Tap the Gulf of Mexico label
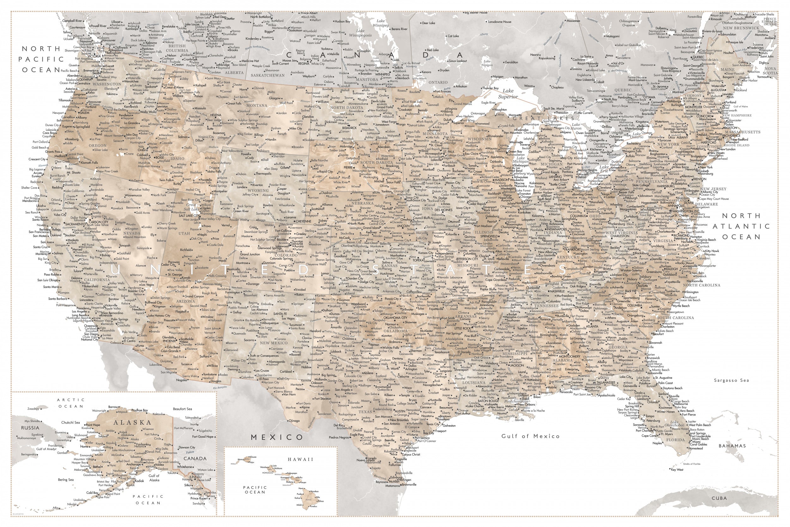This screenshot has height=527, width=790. coord(530,436)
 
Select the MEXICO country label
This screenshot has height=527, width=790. coord(277,437)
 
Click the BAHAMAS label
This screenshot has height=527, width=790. coord(732,446)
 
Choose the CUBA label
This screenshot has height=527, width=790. coord(719,498)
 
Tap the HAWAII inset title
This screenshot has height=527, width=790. coord(300,459)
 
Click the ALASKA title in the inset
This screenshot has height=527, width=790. coord(132,422)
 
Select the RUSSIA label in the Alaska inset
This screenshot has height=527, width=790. coord(30,428)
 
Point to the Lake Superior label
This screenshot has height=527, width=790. coord(508,94)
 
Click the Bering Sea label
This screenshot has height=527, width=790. coord(65,480)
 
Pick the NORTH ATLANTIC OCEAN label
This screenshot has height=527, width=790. coord(741,226)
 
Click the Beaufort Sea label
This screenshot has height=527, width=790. coord(182,409)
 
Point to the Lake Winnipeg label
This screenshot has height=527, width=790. coord(380,23)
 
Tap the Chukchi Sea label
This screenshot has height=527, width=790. coord(70,422)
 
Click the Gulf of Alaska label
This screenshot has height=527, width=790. coord(154,478)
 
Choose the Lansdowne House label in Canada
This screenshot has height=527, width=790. coord(500,22)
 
